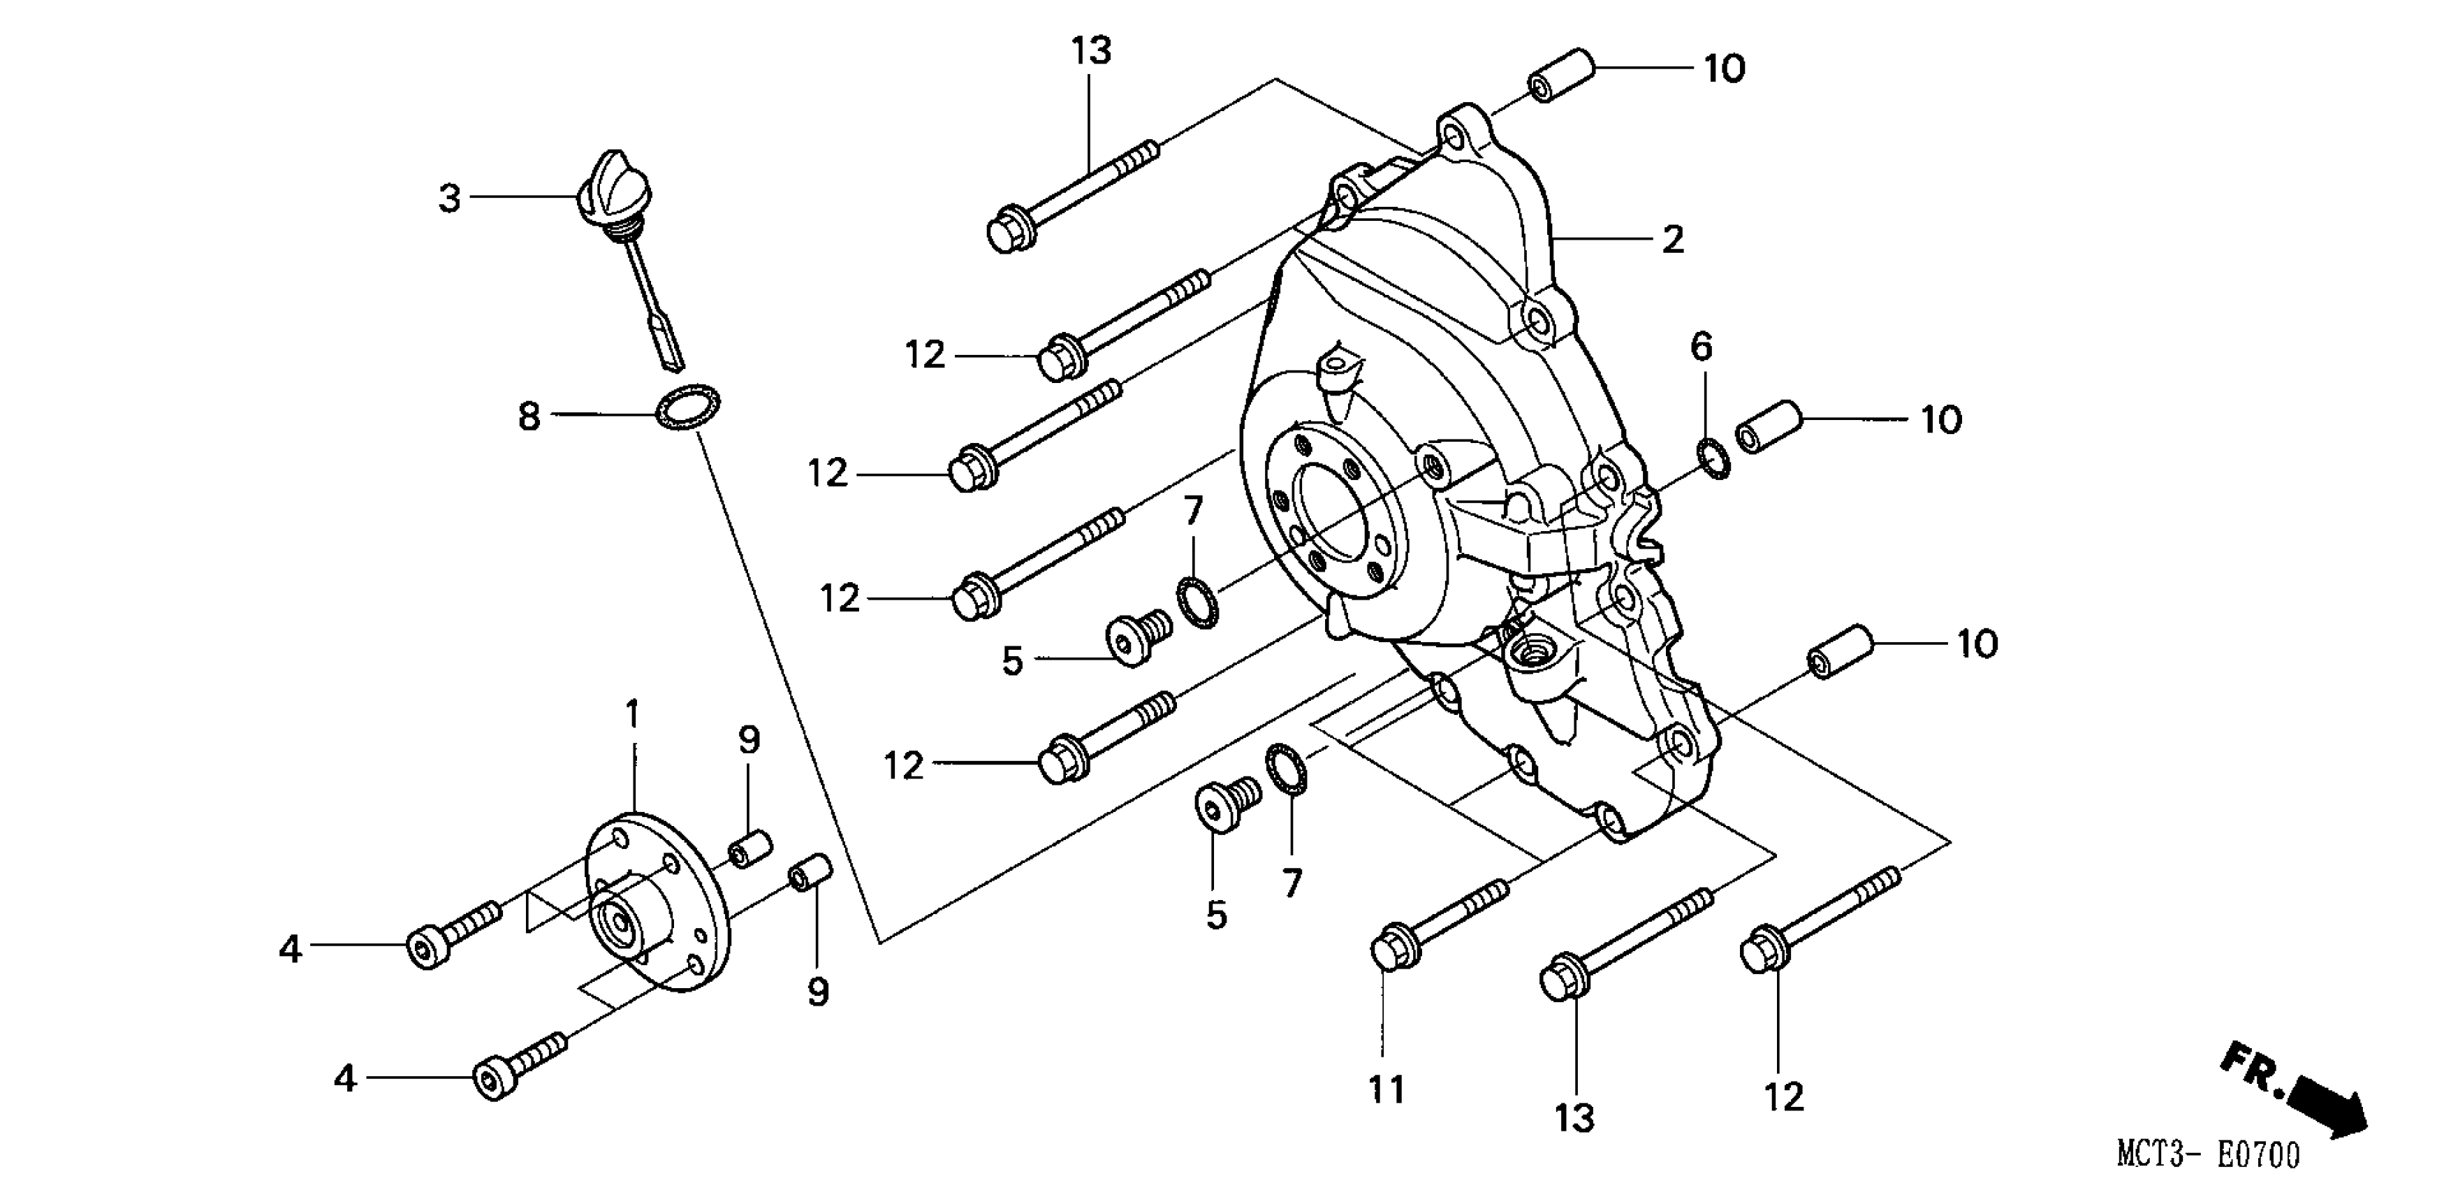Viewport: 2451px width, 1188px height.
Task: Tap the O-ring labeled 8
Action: click(x=688, y=407)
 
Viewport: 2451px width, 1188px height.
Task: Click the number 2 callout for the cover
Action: click(x=1673, y=239)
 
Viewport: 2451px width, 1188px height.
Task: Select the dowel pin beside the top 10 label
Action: click(x=1561, y=75)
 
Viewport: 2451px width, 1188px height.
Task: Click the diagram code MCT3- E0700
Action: click(x=2207, y=1154)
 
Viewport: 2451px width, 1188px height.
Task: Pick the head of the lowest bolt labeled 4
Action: click(x=491, y=1080)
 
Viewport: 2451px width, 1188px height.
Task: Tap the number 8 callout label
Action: click(x=529, y=416)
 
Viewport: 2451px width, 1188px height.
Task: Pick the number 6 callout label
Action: click(x=1702, y=347)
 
